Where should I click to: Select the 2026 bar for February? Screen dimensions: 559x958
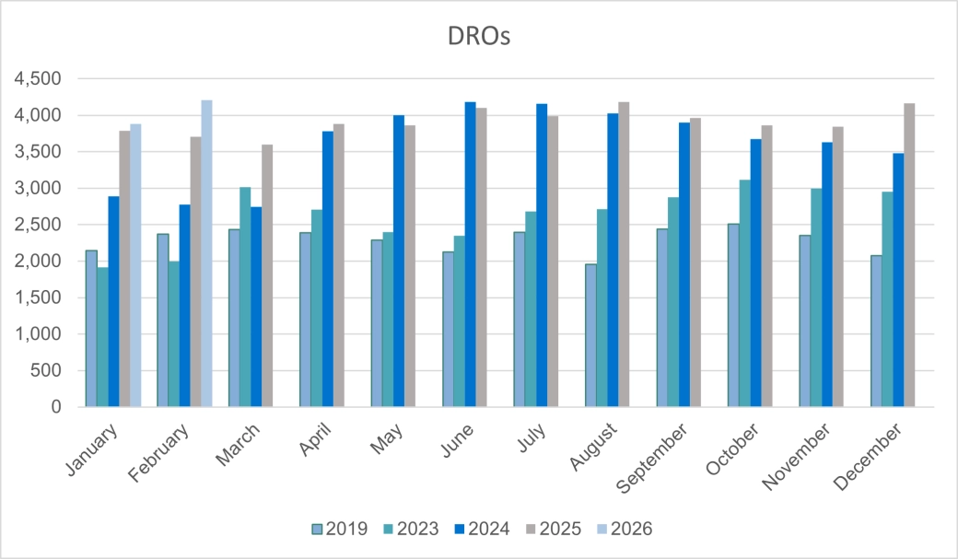pyautogui.click(x=206, y=253)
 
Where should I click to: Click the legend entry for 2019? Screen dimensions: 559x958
pyautogui.click(x=342, y=529)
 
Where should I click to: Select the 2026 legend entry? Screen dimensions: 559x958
pyautogui.click(x=624, y=529)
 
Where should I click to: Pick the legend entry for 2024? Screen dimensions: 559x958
pyautogui.click(x=483, y=529)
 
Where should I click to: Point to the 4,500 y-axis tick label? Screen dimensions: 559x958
pyautogui.click(x=36, y=79)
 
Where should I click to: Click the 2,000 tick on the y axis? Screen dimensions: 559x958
pyautogui.click(x=36, y=262)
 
